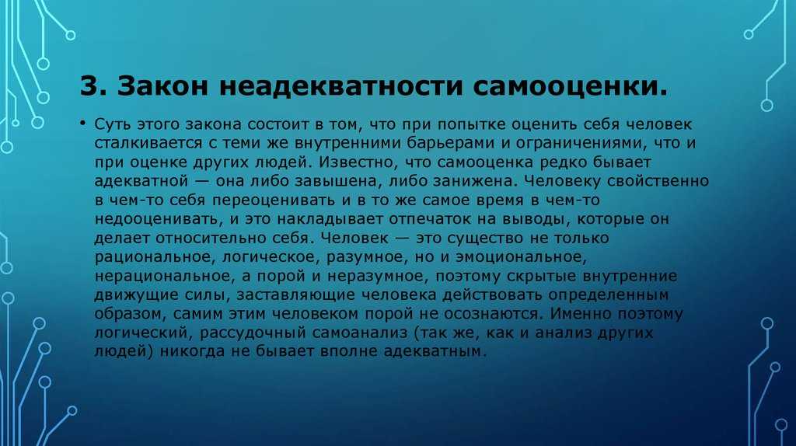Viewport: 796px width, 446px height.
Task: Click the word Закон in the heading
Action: click(162, 85)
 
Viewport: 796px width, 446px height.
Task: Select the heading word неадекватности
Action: click(341, 85)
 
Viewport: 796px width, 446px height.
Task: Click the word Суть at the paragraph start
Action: click(112, 124)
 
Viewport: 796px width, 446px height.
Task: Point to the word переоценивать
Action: click(274, 200)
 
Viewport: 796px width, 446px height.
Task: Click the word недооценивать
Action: click(157, 219)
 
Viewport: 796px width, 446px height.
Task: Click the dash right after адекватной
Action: click(200, 182)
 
